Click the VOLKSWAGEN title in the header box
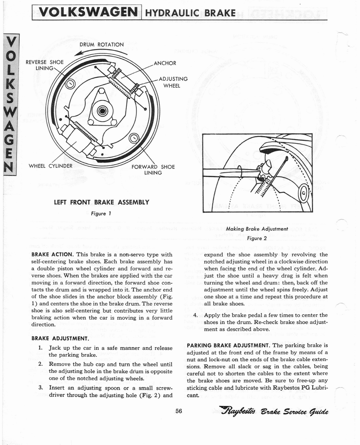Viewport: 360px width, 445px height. [86, 12]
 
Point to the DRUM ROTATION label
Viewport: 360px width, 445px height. [102, 44]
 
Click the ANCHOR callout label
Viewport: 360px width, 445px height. [165, 63]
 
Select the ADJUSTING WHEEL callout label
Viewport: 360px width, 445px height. [173, 82]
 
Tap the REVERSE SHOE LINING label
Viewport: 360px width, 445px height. [45, 65]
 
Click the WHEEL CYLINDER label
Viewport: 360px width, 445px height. [50, 166]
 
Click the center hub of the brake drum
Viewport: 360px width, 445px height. [103, 111]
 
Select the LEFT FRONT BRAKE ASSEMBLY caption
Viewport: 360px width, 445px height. [101, 202]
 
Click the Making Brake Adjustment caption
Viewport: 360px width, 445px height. [257, 229]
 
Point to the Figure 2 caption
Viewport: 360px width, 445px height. [257, 238]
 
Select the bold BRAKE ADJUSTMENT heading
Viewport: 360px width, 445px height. [60, 338]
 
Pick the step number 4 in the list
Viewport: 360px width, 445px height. [196, 315]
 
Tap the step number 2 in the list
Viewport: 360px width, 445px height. [40, 364]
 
